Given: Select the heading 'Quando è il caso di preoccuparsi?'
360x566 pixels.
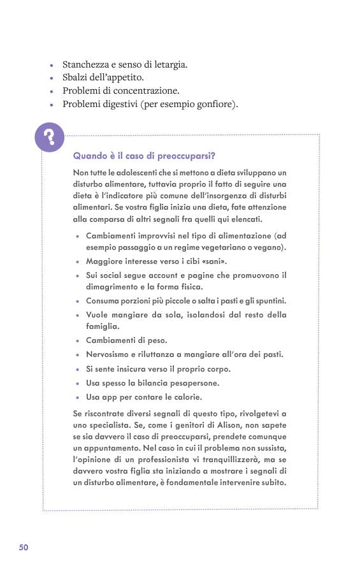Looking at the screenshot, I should (143, 156).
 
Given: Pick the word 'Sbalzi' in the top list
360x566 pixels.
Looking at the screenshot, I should (76, 78).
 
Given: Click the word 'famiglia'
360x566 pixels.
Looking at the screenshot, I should (103, 326).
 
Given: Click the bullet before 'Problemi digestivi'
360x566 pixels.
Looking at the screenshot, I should (52, 105).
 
